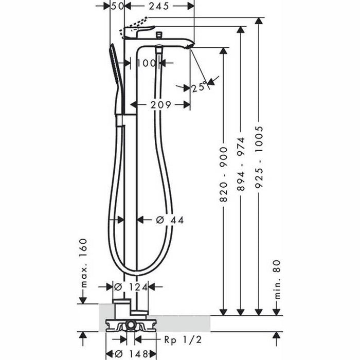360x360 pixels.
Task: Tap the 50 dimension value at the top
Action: [x=118, y=6]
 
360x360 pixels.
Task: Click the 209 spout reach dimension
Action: [x=160, y=105]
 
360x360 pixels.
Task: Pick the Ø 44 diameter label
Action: [x=169, y=220]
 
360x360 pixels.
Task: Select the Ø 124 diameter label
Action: [x=131, y=286]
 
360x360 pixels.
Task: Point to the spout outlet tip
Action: [x=191, y=46]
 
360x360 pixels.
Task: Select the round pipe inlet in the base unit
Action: [x=131, y=325]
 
